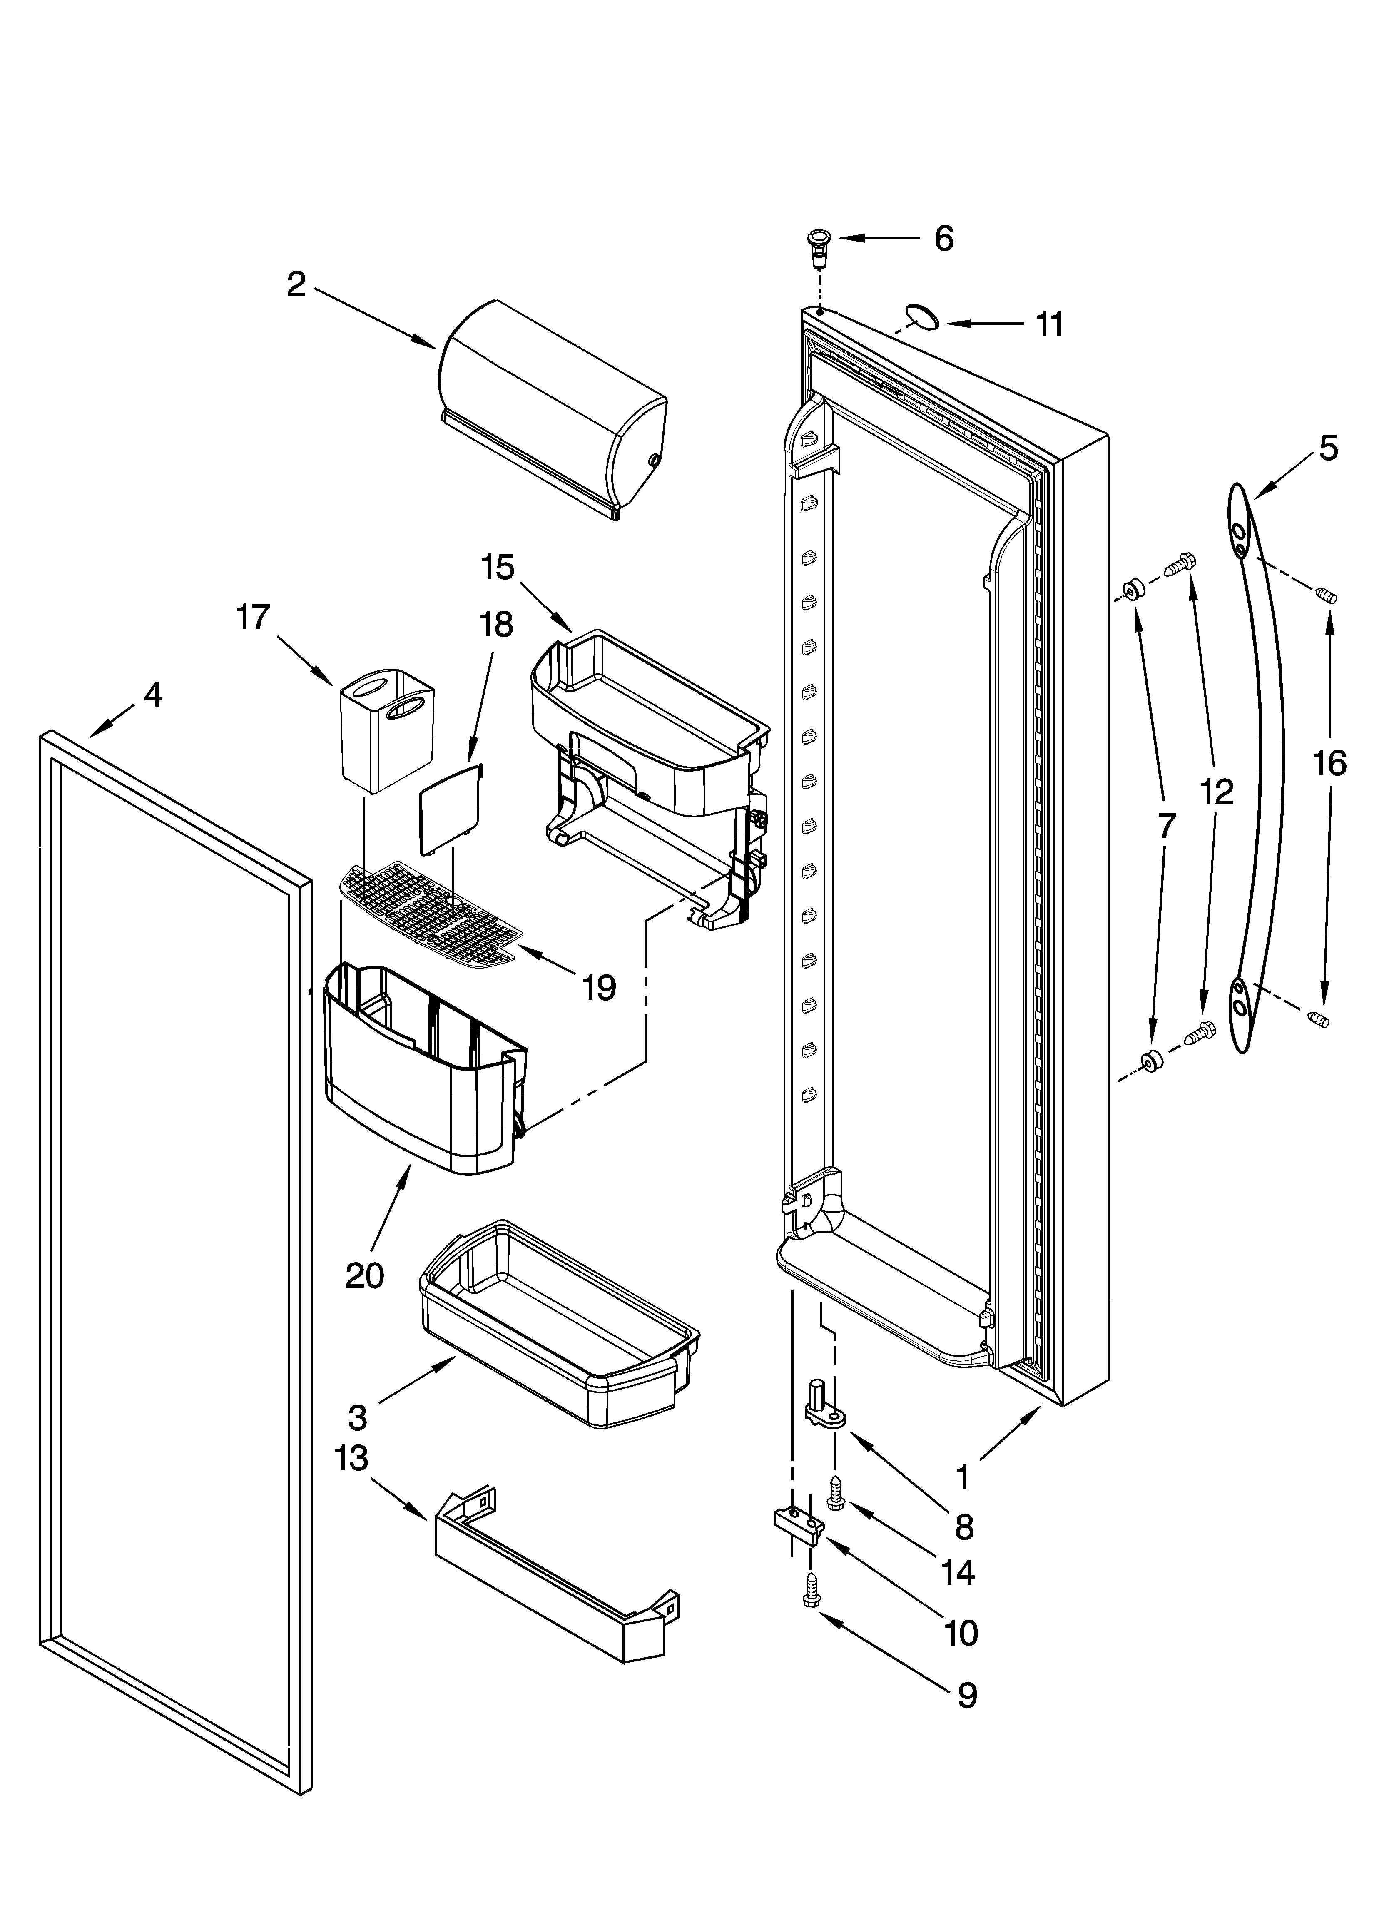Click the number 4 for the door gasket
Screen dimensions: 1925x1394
pos(152,695)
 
